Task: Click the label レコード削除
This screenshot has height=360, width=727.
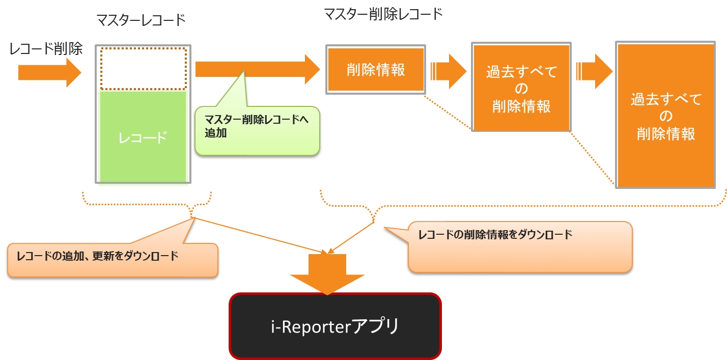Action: click(46, 49)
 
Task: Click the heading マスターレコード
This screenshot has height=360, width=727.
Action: click(141, 20)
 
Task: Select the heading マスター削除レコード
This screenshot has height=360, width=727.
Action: click(383, 14)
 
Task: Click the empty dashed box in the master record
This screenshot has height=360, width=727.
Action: click(144, 68)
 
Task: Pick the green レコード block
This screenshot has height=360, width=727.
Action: click(143, 136)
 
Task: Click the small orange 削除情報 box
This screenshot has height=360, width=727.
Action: click(376, 70)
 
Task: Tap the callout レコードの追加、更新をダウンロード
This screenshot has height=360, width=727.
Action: click(113, 260)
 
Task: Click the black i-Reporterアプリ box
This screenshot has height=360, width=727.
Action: click(335, 326)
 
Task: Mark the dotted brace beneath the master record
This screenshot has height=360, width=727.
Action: click(147, 204)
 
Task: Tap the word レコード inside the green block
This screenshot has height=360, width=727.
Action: click(143, 137)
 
